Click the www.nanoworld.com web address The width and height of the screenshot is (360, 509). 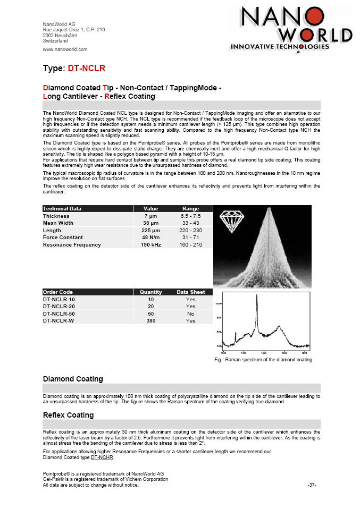click(x=65, y=49)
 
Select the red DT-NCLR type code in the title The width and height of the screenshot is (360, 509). click(x=87, y=69)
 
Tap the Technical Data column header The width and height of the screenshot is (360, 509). click(x=63, y=209)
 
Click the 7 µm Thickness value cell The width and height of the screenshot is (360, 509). click(x=149, y=216)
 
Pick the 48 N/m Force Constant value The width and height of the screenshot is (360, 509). click(x=149, y=237)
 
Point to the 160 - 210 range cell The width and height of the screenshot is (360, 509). click(x=190, y=245)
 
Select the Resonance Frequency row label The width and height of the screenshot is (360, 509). click(x=72, y=245)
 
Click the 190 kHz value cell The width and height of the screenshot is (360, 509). click(x=149, y=245)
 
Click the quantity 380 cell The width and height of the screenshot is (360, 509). click(x=150, y=321)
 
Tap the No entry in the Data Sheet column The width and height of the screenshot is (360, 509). click(x=190, y=313)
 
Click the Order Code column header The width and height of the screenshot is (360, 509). click(x=58, y=292)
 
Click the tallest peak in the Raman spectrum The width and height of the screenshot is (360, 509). click(x=257, y=298)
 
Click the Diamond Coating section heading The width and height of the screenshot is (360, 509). click(x=72, y=379)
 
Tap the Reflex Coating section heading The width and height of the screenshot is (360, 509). click(x=68, y=415)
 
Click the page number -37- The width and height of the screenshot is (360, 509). click(x=312, y=485)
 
